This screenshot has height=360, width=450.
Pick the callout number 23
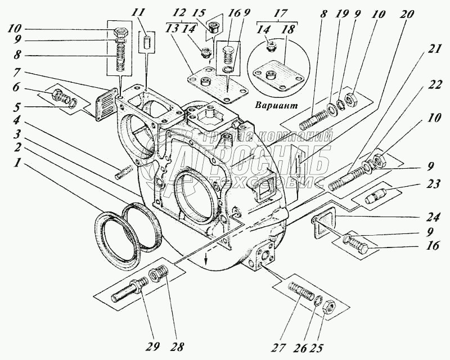point(433,184)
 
